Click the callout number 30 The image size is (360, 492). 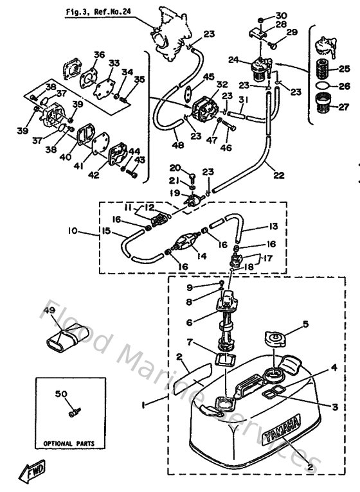tap(281, 15)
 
